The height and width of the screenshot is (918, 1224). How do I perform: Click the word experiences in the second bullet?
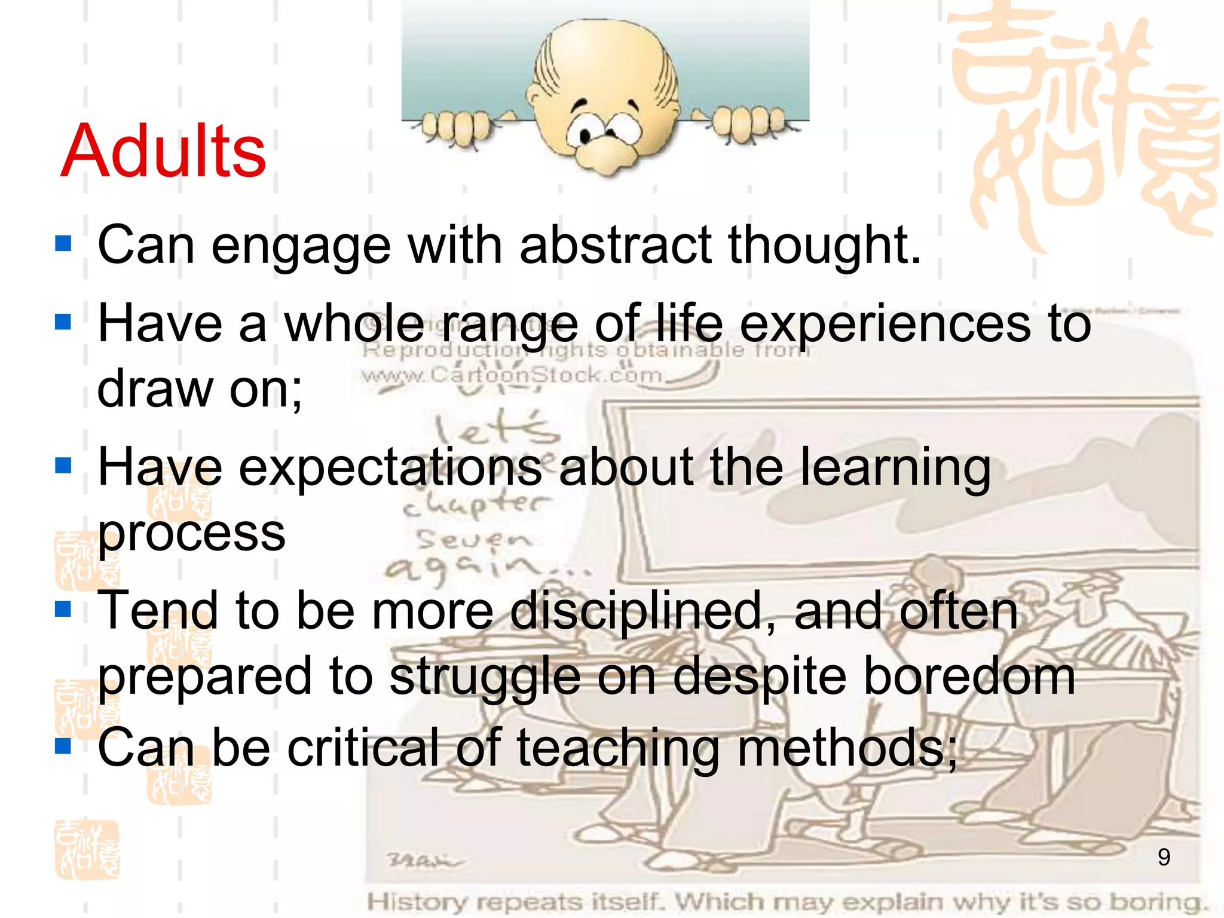point(885,324)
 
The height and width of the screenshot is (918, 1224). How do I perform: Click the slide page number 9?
point(1163,857)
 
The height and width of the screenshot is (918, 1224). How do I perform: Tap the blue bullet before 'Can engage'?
point(63,243)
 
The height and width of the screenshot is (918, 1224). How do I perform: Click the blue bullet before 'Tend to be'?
point(63,609)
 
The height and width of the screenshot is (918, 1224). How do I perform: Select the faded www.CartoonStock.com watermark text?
point(513,375)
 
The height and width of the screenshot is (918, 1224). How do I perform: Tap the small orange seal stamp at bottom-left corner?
point(87,850)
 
